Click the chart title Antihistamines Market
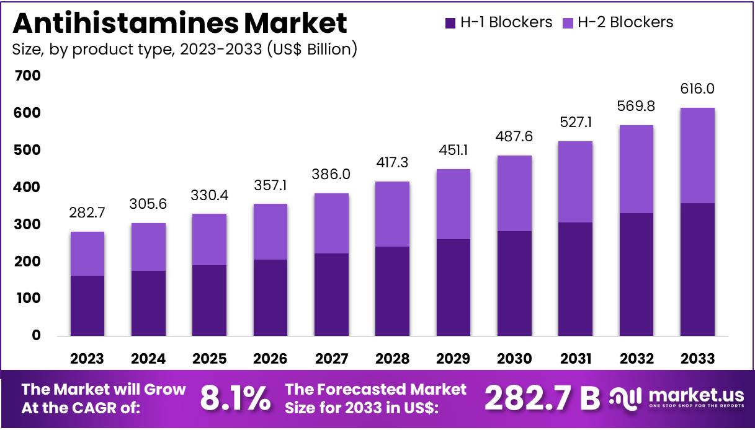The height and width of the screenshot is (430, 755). click(180, 23)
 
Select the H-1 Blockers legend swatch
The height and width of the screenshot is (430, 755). click(450, 24)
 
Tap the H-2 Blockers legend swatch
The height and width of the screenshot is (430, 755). click(568, 24)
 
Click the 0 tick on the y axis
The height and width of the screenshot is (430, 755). click(36, 335)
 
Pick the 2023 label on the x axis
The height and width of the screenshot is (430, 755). click(87, 359)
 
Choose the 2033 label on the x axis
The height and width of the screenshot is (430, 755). click(697, 359)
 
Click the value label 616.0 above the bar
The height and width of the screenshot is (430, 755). click(697, 89)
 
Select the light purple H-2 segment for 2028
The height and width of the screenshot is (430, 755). click(392, 214)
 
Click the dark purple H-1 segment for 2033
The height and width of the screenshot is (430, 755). click(697, 270)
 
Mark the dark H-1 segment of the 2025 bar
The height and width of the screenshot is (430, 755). click(209, 301)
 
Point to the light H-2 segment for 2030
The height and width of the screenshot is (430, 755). click(514, 193)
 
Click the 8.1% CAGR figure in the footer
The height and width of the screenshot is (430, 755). click(235, 398)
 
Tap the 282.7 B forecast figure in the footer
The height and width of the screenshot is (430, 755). click(542, 398)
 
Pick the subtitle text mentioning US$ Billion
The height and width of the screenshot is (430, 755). click(185, 50)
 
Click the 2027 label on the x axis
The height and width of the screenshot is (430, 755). click(331, 359)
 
